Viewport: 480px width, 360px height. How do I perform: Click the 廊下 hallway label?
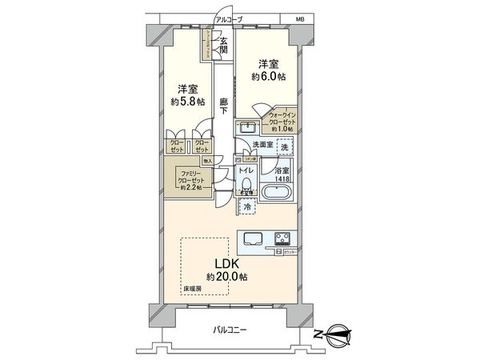pyautogui.click(x=226, y=108)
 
